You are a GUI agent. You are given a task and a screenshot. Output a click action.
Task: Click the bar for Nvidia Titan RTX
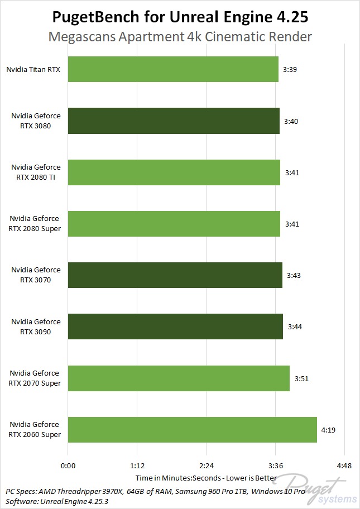click(x=173, y=69)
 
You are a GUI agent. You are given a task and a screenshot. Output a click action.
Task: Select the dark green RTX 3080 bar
click(x=174, y=121)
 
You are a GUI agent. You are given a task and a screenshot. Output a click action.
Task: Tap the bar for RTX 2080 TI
click(x=174, y=172)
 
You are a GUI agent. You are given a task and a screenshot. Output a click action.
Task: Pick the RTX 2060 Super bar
click(x=192, y=430)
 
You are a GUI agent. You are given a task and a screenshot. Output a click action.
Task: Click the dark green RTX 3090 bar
click(x=175, y=326)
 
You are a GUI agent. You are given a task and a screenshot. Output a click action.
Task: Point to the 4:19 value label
click(x=329, y=430)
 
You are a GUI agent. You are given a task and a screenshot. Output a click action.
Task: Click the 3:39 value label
click(x=290, y=69)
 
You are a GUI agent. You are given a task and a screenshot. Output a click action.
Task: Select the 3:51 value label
click(x=301, y=378)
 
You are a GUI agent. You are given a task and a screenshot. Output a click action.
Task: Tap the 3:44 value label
click(x=295, y=326)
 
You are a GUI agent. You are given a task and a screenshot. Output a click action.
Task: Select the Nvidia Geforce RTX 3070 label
click(x=36, y=275)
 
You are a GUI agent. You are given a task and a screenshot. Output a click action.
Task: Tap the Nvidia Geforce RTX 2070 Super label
click(x=36, y=378)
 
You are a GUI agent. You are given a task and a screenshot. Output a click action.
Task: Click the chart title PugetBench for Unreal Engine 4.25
click(x=180, y=17)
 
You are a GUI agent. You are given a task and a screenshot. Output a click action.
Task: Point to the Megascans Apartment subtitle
click(x=180, y=37)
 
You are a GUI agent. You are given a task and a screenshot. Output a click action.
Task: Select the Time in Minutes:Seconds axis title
click(x=206, y=478)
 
